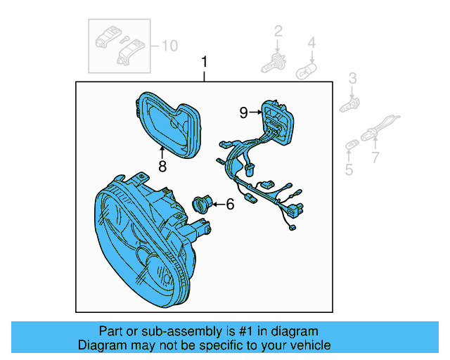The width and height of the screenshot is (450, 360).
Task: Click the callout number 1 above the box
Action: (x=204, y=62)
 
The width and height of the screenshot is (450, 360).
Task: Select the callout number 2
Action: (x=278, y=31)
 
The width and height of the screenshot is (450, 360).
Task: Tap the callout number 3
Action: (x=353, y=78)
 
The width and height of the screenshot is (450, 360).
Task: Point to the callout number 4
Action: (x=311, y=43)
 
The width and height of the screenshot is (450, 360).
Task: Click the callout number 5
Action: (x=349, y=169)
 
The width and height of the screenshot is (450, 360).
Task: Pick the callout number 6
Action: (x=230, y=205)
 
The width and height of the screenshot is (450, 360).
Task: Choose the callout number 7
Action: (x=375, y=157)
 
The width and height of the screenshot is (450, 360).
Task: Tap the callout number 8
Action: (x=162, y=166)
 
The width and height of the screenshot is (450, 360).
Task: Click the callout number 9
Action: (x=243, y=112)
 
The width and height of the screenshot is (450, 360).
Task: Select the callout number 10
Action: (x=170, y=46)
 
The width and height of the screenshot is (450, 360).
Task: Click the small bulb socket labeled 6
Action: (x=202, y=204)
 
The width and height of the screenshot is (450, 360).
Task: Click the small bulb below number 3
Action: (x=349, y=105)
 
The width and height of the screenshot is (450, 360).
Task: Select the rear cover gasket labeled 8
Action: (x=169, y=125)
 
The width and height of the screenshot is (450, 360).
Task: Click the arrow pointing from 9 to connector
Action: (x=255, y=112)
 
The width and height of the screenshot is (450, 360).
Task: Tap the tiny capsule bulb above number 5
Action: (x=352, y=145)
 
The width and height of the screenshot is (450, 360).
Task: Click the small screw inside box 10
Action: (x=125, y=39)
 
